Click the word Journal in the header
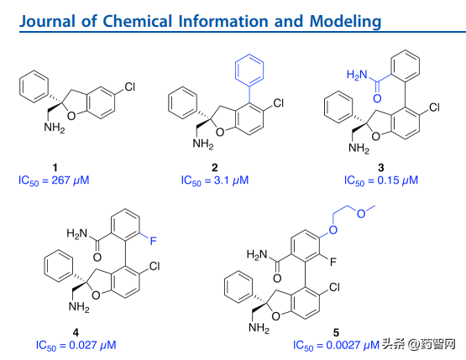47,21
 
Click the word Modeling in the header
345,21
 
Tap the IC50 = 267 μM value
54,180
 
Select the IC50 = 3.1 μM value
215,180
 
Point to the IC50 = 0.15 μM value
381,180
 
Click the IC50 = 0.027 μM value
76,346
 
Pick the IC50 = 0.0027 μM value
336,346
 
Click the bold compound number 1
55,168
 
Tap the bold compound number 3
381,168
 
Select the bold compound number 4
76,332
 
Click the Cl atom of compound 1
130,87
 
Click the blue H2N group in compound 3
357,75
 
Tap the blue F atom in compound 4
153,241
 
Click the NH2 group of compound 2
203,144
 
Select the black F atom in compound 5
333,262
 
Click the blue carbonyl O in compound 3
377,98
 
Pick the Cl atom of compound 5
335,287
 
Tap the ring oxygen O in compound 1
71,116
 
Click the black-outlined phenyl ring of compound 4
59,266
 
